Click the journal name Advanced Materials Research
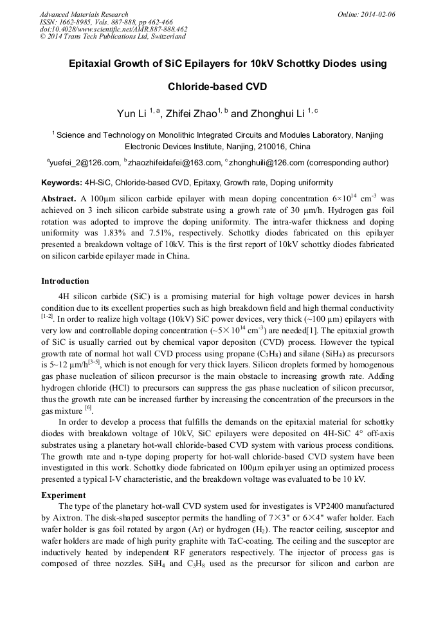(84, 14)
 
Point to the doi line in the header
(113, 29)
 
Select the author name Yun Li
(131, 114)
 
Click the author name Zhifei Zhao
(191, 114)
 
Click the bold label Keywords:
(61, 183)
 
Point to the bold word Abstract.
(59, 198)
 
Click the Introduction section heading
(65, 281)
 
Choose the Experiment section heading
(64, 495)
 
